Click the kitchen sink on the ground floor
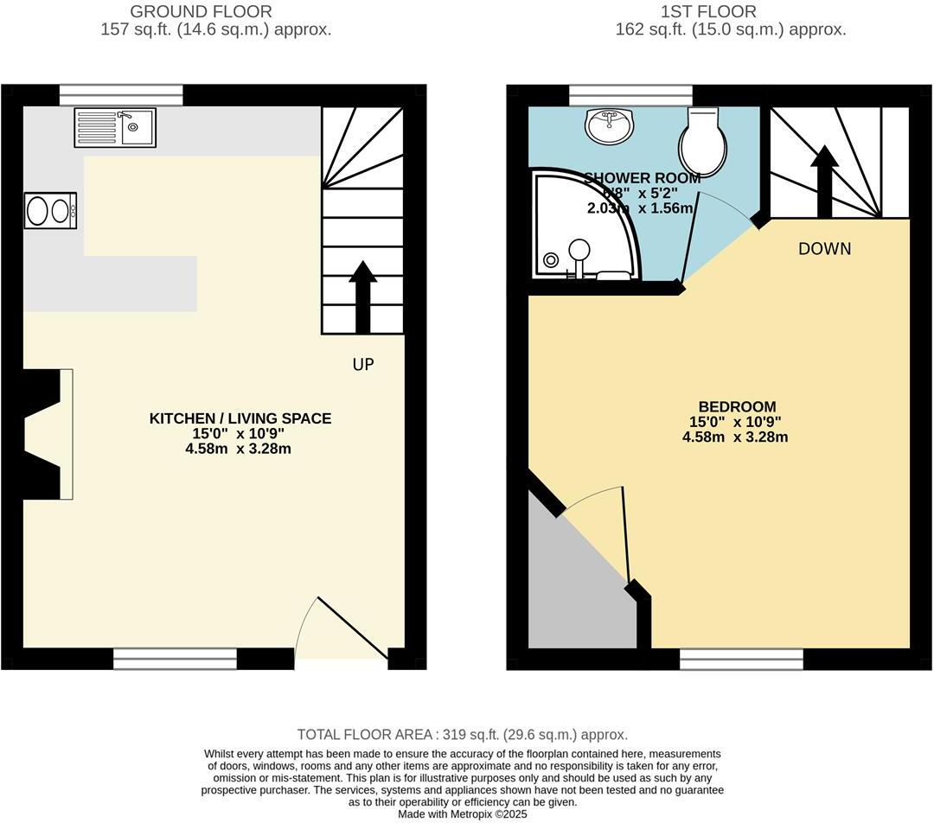[x=115, y=128]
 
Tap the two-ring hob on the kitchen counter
[x=50, y=210]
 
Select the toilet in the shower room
[x=701, y=142]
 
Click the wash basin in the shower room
[x=611, y=126]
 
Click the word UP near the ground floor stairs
[x=363, y=365]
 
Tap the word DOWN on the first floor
[x=824, y=249]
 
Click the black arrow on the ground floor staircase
[x=363, y=296]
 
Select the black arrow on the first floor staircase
[x=824, y=181]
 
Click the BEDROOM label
[x=737, y=406]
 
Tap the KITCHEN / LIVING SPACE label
[x=240, y=418]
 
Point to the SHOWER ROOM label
[x=642, y=179]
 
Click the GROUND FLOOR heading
[x=200, y=12]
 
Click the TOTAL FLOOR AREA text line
[x=462, y=735]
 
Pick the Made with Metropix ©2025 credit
[x=462, y=813]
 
